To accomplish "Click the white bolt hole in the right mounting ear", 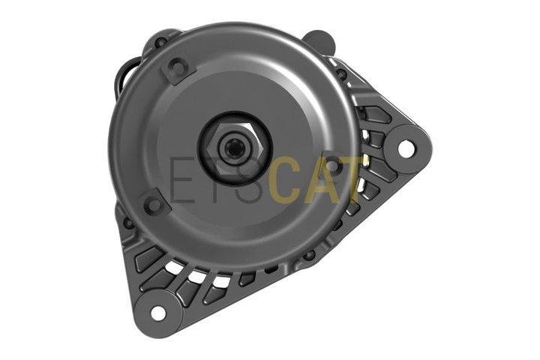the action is pos(406,148).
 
